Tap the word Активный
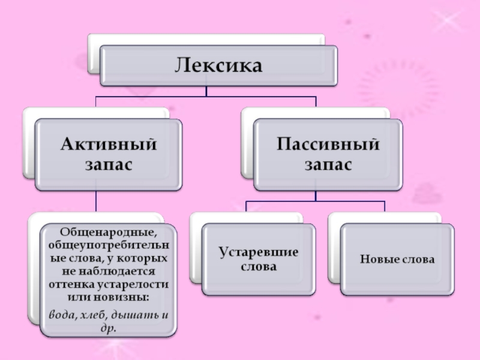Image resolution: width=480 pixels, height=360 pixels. (x=108, y=145)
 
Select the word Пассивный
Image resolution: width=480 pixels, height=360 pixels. (x=328, y=144)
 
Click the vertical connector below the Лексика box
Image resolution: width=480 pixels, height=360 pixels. (x=206, y=91)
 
